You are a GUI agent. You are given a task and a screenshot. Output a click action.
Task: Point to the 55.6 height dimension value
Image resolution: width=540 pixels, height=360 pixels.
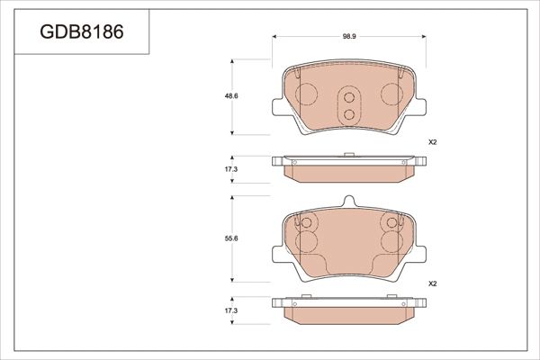click(x=231, y=239)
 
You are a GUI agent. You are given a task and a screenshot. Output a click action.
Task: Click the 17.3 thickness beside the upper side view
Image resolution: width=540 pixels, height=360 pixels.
click(x=231, y=169)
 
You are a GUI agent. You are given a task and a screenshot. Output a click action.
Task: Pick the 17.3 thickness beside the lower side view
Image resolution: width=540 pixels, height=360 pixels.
click(x=231, y=310)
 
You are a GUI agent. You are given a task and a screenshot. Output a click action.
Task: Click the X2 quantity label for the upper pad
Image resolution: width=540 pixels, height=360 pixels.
click(x=431, y=142)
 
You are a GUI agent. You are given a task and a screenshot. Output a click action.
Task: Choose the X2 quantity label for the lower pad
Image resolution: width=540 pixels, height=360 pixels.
click(x=431, y=283)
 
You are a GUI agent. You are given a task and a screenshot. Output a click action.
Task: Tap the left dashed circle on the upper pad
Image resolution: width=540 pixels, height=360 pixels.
click(x=306, y=94)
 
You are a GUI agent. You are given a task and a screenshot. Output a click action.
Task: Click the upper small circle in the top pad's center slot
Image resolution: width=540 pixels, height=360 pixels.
click(x=348, y=97)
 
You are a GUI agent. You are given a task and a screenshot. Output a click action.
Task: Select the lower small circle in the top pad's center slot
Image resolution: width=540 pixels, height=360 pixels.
click(x=348, y=112)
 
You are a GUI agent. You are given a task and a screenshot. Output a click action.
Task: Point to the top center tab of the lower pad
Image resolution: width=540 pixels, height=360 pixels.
click(x=348, y=204)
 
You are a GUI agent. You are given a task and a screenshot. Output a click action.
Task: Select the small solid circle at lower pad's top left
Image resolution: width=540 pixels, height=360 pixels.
click(x=305, y=223)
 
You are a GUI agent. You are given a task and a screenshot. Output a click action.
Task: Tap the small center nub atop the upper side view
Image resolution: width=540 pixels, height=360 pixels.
click(x=348, y=156)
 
